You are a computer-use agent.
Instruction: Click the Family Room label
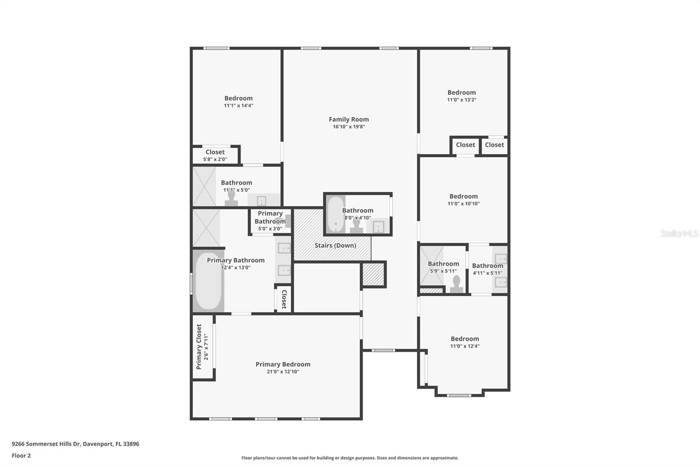click(x=349, y=119)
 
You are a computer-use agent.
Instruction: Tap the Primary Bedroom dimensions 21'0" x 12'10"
click(x=283, y=371)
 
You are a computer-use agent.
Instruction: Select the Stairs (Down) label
click(x=335, y=245)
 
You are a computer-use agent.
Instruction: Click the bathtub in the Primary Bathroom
click(x=208, y=281)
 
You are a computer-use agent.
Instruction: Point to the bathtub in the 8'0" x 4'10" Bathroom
click(x=335, y=214)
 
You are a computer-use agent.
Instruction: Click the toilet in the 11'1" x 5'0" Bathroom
click(x=231, y=198)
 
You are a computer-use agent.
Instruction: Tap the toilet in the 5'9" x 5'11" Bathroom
click(x=456, y=284)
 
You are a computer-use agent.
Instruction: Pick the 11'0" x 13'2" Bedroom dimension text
click(x=462, y=100)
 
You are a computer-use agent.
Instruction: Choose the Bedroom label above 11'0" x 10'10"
click(x=463, y=196)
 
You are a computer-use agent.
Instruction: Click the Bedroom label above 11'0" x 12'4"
click(x=465, y=339)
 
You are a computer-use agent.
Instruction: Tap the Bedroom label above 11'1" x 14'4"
click(x=238, y=98)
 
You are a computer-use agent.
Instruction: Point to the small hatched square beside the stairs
click(x=374, y=274)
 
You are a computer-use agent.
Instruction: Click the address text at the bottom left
click(x=75, y=444)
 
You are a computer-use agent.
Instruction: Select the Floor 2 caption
click(x=21, y=456)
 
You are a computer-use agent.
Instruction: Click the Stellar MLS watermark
click(x=679, y=233)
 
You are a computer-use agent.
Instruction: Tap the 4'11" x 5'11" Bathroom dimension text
click(x=487, y=273)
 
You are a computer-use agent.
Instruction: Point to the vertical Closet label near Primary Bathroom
click(x=284, y=299)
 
